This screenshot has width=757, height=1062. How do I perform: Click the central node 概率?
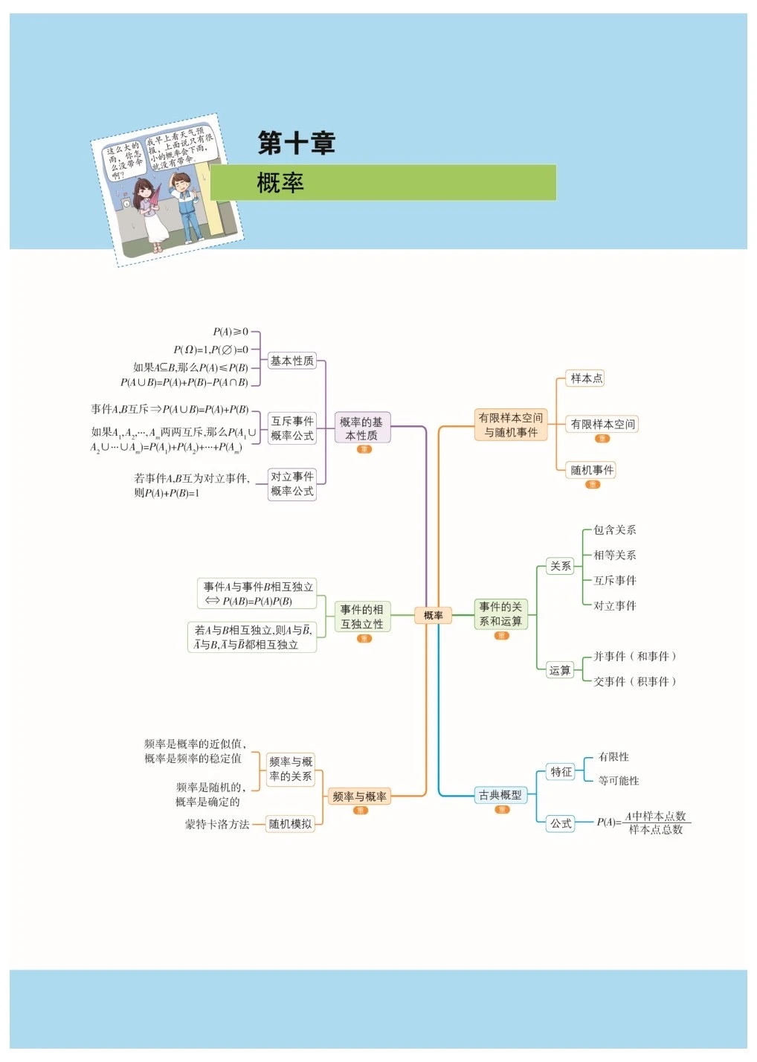(x=433, y=615)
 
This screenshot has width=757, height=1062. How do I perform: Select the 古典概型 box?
(x=500, y=795)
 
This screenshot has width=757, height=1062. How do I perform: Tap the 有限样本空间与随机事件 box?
(x=511, y=425)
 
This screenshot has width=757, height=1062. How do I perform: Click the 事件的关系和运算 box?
(x=500, y=614)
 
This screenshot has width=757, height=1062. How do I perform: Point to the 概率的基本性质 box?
(x=361, y=428)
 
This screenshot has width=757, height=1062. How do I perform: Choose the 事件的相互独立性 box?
(x=362, y=617)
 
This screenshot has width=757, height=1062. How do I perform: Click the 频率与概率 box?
(x=359, y=796)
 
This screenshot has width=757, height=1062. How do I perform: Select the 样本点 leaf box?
(x=586, y=379)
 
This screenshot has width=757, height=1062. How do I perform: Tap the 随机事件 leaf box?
(x=592, y=470)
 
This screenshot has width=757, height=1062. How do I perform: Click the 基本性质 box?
(x=291, y=361)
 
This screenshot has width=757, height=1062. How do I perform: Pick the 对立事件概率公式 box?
(x=291, y=484)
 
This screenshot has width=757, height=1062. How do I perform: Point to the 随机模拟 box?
(x=290, y=824)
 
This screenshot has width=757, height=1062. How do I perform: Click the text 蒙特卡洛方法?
(x=217, y=824)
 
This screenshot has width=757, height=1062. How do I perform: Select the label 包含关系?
(x=614, y=530)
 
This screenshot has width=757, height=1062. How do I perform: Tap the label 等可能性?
(x=619, y=781)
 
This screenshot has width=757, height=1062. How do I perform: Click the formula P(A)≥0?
(x=231, y=332)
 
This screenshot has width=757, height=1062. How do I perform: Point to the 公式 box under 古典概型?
(x=561, y=823)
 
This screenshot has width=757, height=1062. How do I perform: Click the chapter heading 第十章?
(x=297, y=143)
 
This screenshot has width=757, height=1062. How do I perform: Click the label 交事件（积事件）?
(x=634, y=681)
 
